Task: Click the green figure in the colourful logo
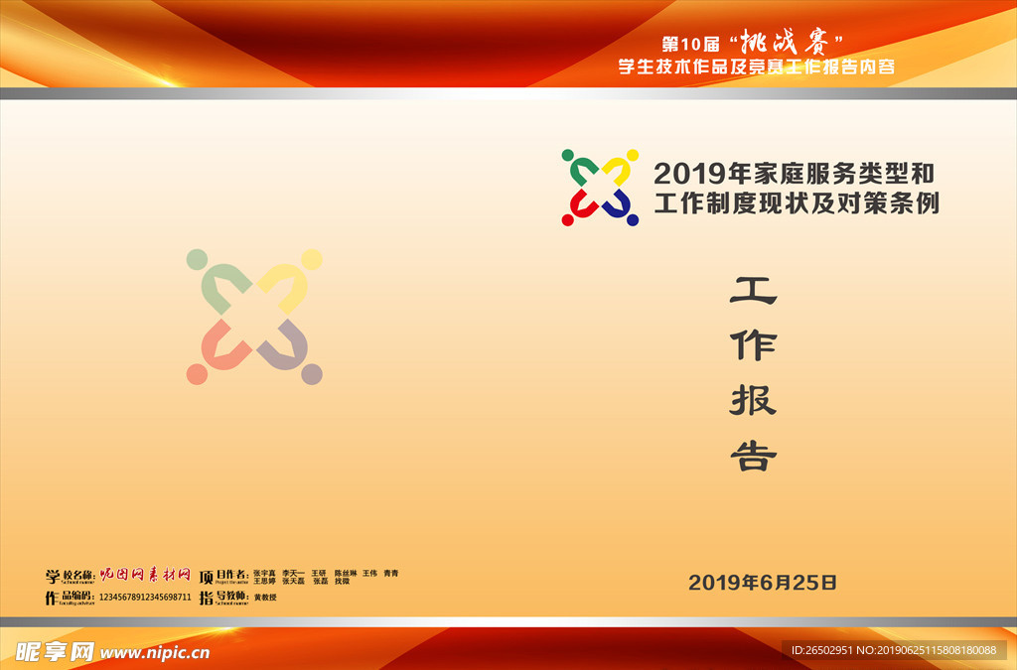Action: coord(577,169)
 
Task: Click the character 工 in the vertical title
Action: coord(753,290)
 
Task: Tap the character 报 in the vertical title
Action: coord(753,400)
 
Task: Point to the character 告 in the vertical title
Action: coord(753,456)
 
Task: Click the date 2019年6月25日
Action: coord(763,583)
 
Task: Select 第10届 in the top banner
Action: coord(691,45)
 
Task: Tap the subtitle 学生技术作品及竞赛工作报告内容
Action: coord(757,67)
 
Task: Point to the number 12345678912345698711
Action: coord(145,598)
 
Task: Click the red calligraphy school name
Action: coord(145,575)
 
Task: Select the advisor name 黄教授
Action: coord(264,598)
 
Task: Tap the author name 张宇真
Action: coord(264,573)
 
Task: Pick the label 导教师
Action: coord(231,597)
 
